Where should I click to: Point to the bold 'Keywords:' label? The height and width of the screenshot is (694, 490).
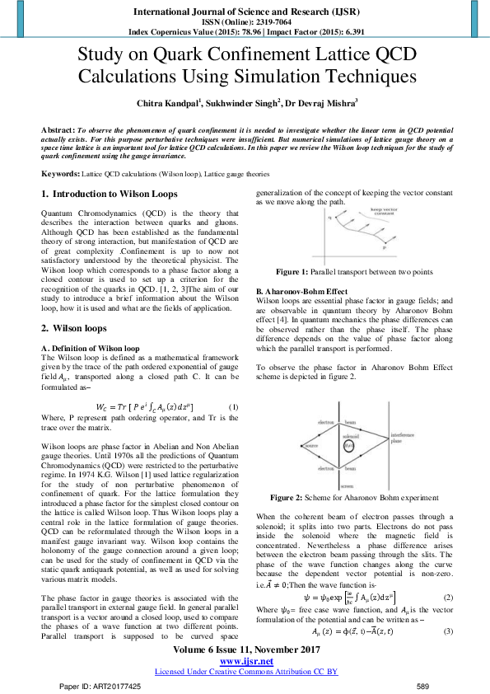[60, 176]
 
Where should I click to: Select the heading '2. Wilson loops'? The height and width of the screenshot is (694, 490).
[73, 327]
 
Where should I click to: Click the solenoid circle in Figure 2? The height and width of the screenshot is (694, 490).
[348, 446]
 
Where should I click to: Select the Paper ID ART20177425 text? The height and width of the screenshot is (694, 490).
[100, 686]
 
